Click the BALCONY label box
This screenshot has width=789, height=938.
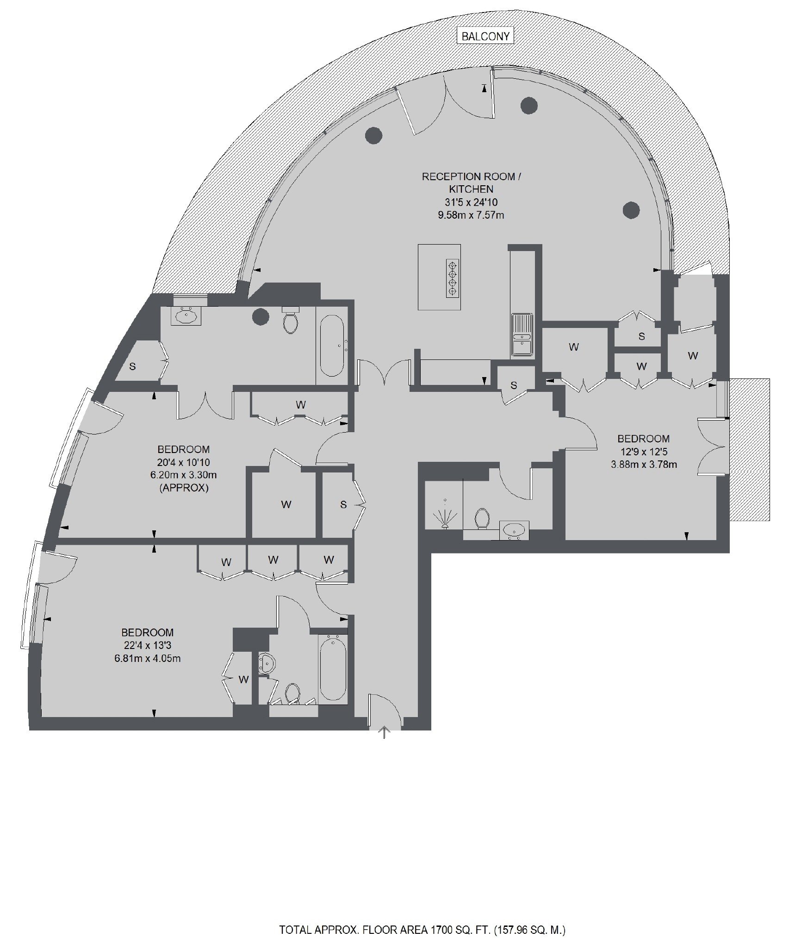pos(485,36)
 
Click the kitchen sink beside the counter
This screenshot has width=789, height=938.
pos(522,334)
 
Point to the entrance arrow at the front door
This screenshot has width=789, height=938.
pos(384,732)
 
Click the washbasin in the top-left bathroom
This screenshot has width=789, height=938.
pos(186,316)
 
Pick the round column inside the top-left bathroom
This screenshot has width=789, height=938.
pos(261,317)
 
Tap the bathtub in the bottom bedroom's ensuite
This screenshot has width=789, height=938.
pos(332,669)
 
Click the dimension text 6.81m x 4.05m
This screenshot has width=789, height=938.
pos(147,658)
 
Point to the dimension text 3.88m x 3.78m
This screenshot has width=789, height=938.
pos(644,464)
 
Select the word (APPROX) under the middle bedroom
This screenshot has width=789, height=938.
pos(184,488)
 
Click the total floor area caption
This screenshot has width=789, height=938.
pos(422,917)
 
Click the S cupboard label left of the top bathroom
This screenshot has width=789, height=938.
pos(132,366)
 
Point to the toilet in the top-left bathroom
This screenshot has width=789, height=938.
pos(291,320)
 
